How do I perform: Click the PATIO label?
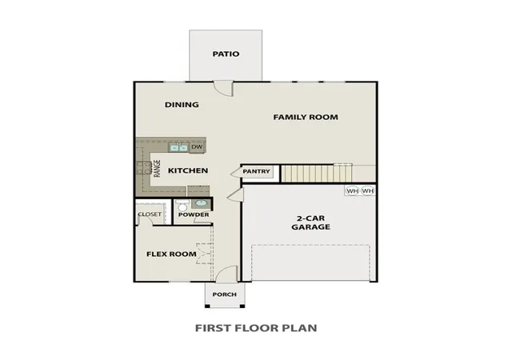coord(226,54)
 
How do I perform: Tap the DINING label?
coord(182,105)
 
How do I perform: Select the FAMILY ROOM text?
coord(306,118)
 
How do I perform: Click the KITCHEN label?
coord(188,170)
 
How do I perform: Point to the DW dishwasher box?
coord(197,147)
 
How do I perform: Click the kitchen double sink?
coord(178,148)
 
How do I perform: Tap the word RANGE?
coord(158,168)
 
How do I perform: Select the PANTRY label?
coord(256,171)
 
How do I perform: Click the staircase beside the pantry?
coord(317,174)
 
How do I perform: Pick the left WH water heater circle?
coord(352,190)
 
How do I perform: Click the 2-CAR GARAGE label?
coord(310,222)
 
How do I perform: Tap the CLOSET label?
coord(150,214)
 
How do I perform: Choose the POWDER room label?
coord(194,214)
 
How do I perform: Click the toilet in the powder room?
coord(182,206)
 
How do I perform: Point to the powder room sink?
coord(201,203)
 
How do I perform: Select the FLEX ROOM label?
coord(171,254)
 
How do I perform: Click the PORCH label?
coord(225,294)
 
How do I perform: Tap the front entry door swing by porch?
coord(226,274)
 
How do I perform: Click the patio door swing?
coord(223,88)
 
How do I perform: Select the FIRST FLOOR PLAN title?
coord(256,328)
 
